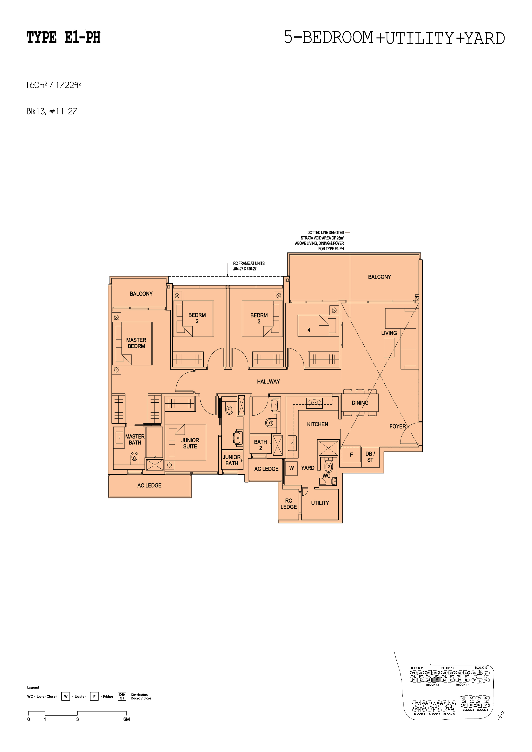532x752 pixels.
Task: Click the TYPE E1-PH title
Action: pyautogui.click(x=63, y=38)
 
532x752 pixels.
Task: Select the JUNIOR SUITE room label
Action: pyautogui.click(x=190, y=443)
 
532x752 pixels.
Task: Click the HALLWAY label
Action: pyautogui.click(x=268, y=382)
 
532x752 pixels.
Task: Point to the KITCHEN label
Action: pyautogui.click(x=317, y=424)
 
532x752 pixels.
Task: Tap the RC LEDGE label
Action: pyautogui.click(x=289, y=504)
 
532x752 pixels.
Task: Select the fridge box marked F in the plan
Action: pyautogui.click(x=351, y=455)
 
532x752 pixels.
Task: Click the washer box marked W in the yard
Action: pyautogui.click(x=291, y=468)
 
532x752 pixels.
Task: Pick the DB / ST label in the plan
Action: pyautogui.click(x=370, y=457)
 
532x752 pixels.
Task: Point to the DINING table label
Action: pyautogui.click(x=360, y=403)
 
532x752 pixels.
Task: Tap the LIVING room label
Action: pyautogui.click(x=389, y=333)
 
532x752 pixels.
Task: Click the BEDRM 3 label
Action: pyautogui.click(x=259, y=318)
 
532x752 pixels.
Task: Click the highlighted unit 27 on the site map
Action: pyautogui.click(x=437, y=680)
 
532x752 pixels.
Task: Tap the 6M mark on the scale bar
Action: pyautogui.click(x=127, y=719)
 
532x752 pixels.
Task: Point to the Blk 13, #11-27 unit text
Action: pyautogui.click(x=52, y=112)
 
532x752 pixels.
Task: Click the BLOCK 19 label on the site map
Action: pyautogui.click(x=481, y=668)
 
